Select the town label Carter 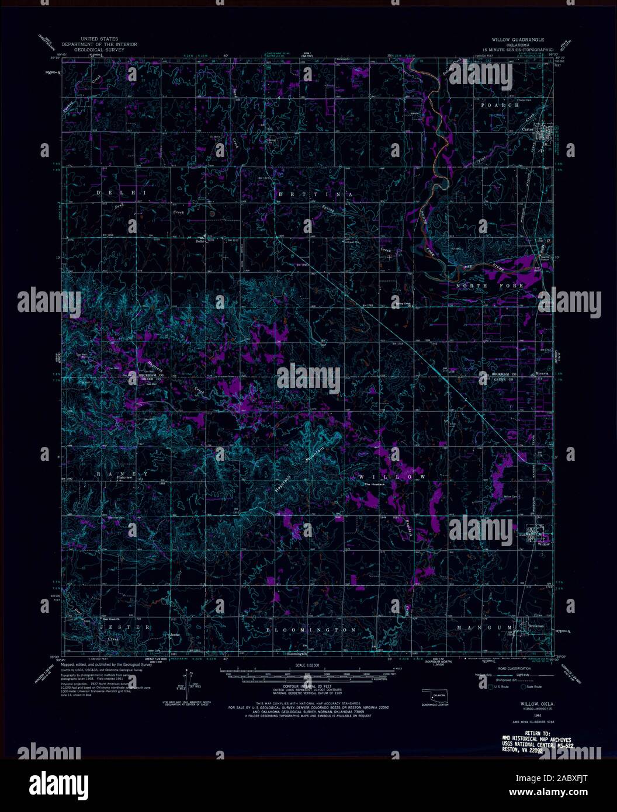click(x=528, y=129)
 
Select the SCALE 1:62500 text click(x=308, y=665)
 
